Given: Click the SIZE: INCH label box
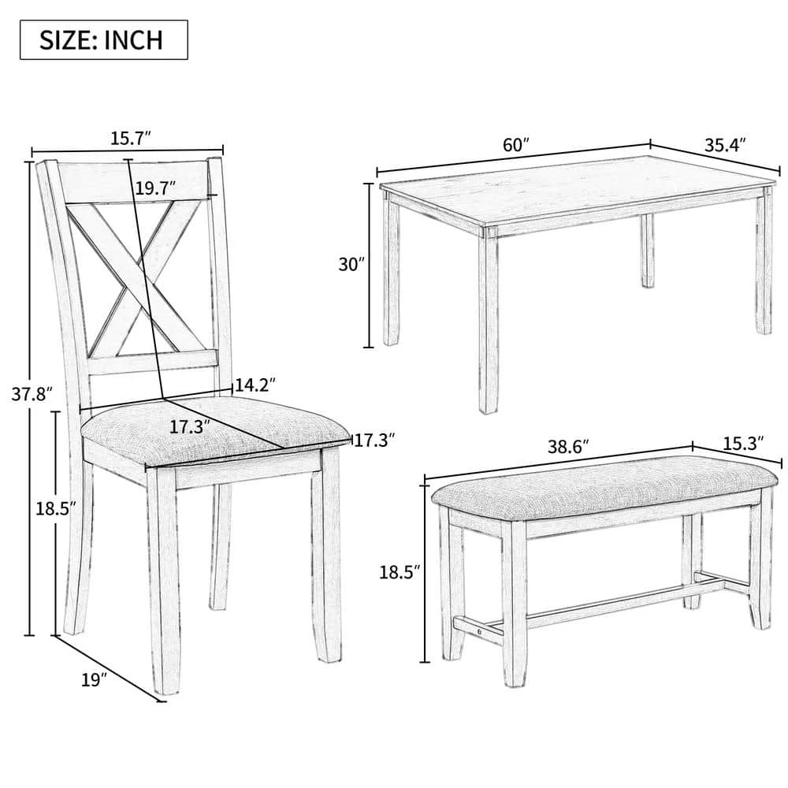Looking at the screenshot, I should pyautogui.click(x=103, y=39).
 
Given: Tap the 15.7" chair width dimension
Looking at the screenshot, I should pyautogui.click(x=130, y=139).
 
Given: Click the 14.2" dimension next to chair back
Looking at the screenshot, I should pyautogui.click(x=255, y=385).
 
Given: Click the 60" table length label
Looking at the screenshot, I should pyautogui.click(x=515, y=144).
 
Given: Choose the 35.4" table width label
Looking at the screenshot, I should pyautogui.click(x=724, y=144).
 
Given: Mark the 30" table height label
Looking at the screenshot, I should pyautogui.click(x=349, y=265).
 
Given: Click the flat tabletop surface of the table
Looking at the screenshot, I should pyautogui.click(x=575, y=189).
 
